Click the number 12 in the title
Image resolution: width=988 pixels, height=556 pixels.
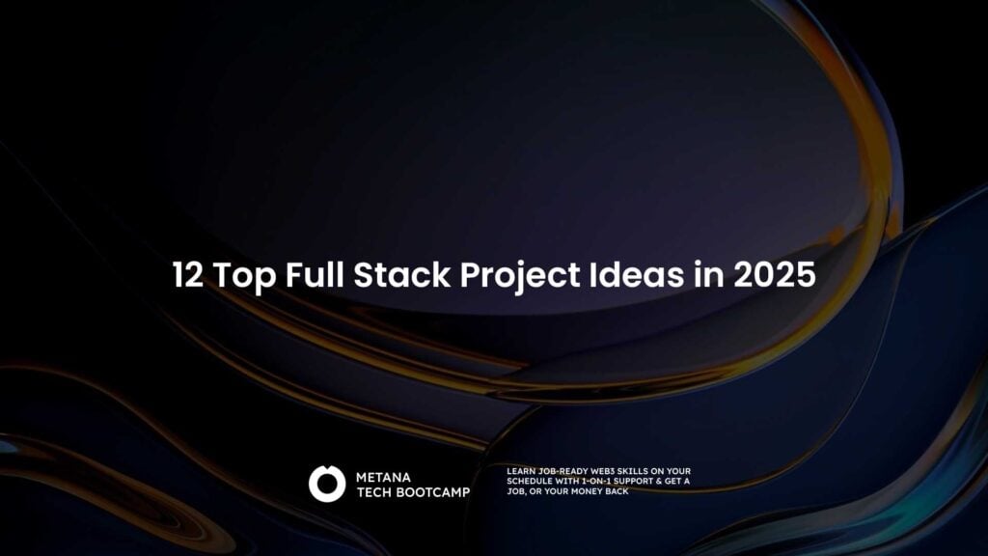pyautogui.click(x=188, y=275)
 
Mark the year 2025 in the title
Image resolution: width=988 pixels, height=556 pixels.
pyautogui.click(x=774, y=275)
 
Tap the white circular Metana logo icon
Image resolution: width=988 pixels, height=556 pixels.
pyautogui.click(x=327, y=484)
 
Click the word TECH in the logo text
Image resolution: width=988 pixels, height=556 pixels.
pyautogui.click(x=373, y=492)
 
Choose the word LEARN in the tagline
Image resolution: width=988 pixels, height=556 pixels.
pyautogui.click(x=519, y=471)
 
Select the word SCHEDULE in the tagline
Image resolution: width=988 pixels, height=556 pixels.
pyautogui.click(x=529, y=481)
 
